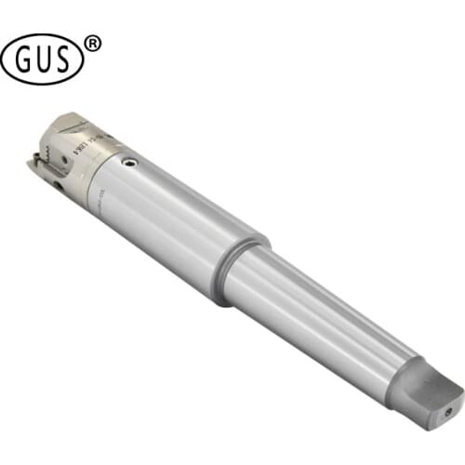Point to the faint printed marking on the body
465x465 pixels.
101,193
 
